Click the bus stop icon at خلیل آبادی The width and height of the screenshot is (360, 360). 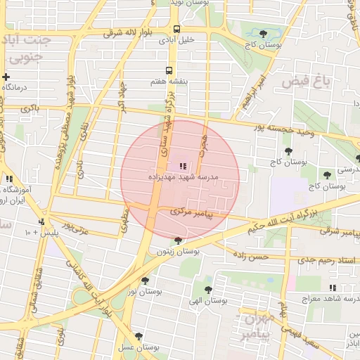[176, 30]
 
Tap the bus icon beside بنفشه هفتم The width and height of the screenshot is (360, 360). [169, 70]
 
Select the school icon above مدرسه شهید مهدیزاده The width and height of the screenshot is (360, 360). [183, 166]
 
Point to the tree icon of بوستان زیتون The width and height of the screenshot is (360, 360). [177, 240]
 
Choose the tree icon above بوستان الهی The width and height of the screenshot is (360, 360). [207, 289]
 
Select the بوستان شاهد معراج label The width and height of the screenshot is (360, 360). [328, 298]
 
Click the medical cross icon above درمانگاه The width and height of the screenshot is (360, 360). [6, 77]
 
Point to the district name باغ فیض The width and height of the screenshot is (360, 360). [306, 82]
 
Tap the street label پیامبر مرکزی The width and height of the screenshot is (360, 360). [191, 211]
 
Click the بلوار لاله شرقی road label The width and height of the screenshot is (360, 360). [123, 32]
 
